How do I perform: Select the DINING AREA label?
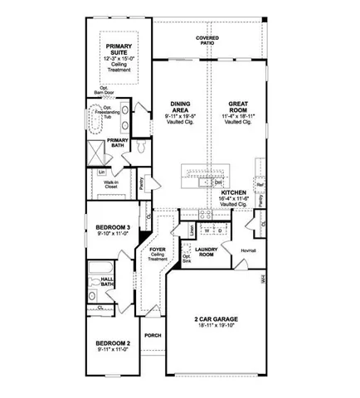point(180,105)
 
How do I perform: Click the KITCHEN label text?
point(235,193)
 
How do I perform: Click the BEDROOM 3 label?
point(112,227)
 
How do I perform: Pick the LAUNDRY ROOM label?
point(207,253)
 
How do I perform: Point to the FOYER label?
point(158,246)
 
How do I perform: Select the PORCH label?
point(151,335)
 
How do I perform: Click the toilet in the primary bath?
point(141,146)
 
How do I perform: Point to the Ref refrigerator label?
point(259,186)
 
